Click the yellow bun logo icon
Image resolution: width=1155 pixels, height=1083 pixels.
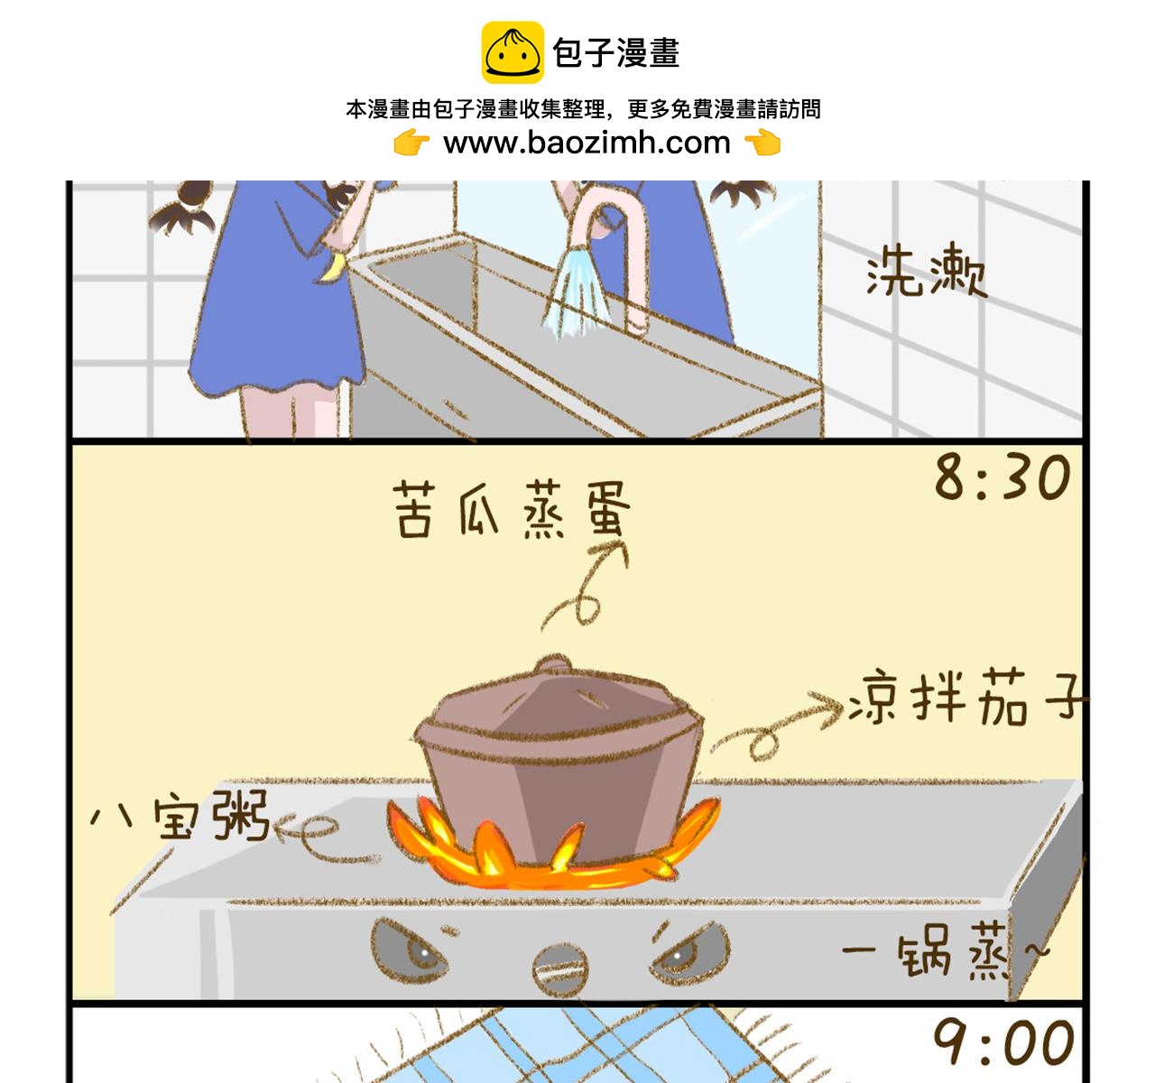513,52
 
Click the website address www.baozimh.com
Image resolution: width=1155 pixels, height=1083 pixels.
587,143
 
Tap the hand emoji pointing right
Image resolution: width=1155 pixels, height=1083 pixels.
411,143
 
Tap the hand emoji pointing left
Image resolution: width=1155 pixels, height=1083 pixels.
762,143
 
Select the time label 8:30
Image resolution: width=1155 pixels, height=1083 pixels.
1002,477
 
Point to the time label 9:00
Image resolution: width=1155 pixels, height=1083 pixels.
1003,1042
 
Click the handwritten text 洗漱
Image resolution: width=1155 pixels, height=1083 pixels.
927,271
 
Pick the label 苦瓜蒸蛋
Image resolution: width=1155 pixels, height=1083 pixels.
512,509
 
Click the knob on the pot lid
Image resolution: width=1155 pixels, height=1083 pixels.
552,664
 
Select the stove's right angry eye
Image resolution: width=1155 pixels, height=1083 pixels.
689,951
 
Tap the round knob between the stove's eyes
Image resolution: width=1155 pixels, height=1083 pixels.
560,969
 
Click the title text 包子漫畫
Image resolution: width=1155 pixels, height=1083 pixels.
616,52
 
